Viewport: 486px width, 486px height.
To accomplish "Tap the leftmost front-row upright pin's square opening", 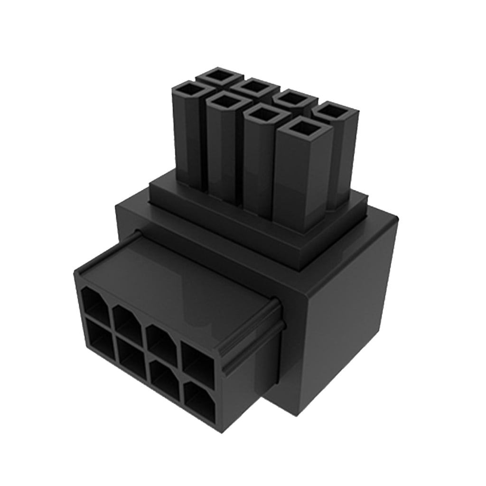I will point(189,89).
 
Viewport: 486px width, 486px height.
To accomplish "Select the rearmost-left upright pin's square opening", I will point(219,75).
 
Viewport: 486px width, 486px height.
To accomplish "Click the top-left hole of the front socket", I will point(95,302).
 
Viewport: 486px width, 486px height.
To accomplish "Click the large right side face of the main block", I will point(351,313).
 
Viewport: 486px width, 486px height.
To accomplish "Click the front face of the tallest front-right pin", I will point(297,185).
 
